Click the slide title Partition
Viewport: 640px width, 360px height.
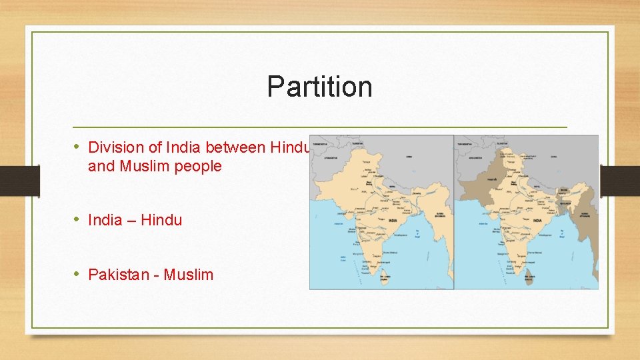tap(319, 87)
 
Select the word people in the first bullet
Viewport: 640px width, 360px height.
tap(198, 166)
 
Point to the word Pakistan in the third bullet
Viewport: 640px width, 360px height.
tap(117, 274)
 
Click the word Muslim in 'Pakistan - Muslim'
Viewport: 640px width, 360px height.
tap(188, 274)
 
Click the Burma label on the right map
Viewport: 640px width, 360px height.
tap(585, 216)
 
